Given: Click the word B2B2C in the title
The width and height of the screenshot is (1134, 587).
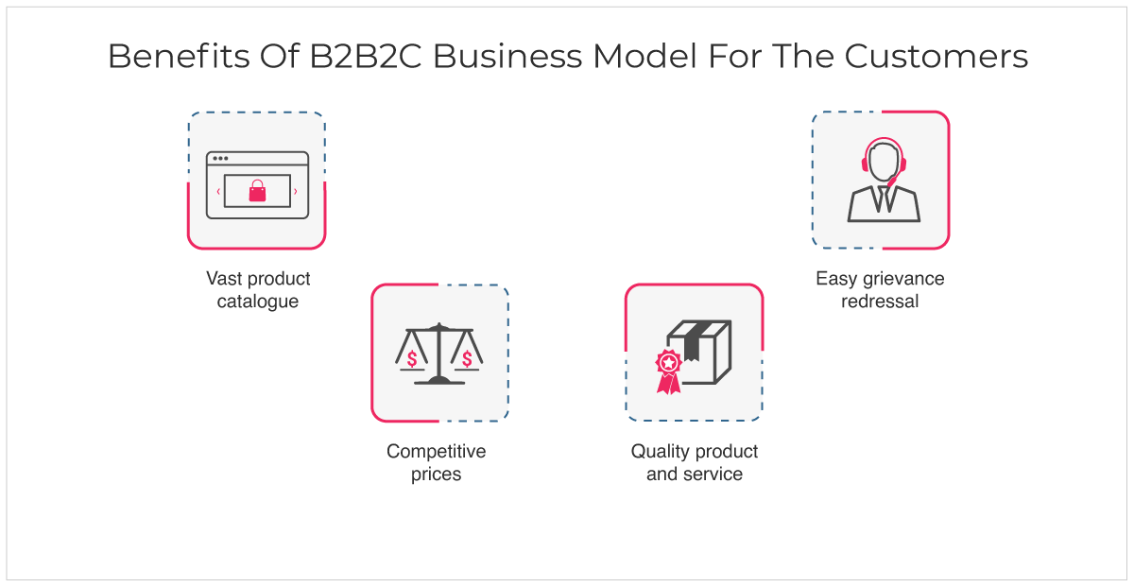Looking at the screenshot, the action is point(366,56).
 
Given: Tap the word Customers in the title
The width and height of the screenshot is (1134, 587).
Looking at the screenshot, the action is point(936,56).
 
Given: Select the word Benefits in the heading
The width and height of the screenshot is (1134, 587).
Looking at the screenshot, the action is point(179,56).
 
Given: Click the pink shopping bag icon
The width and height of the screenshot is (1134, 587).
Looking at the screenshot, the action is point(257,191).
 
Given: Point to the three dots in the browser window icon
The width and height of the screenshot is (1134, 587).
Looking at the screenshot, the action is point(220,159).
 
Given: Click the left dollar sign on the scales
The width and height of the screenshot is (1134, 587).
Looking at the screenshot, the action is point(412,359).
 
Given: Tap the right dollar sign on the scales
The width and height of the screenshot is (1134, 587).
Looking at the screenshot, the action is point(467,359).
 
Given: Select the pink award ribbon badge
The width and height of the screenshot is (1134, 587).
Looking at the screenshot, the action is point(668,371).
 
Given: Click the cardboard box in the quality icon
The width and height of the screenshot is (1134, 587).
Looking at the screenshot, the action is point(700,352).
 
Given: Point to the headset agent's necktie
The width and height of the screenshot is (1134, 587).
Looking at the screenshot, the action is point(884,199).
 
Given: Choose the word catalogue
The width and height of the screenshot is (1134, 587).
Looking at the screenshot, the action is point(258,302).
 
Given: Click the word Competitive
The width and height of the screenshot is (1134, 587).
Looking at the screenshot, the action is point(436,452).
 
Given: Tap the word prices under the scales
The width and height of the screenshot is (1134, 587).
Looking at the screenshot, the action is point(436,475).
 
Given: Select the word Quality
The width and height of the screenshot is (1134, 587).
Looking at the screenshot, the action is point(660,452).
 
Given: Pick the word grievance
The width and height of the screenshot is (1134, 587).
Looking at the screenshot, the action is point(903,279).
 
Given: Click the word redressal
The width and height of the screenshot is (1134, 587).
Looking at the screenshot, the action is point(880,302).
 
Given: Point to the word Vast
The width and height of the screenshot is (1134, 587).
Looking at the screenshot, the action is point(224,279).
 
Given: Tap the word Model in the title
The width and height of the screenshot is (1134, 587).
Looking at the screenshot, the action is point(644,56).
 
